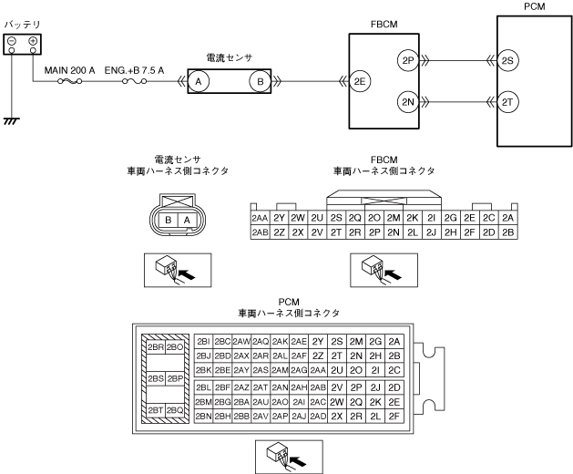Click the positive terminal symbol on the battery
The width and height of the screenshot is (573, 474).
coord(33,41)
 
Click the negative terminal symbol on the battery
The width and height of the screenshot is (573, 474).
coord(12,41)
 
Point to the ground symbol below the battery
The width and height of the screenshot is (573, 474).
coord(12,119)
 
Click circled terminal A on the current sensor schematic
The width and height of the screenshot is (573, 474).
coord(199,81)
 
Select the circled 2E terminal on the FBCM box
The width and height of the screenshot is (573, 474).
coord(362,80)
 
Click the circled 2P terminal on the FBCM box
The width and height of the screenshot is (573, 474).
coord(407,61)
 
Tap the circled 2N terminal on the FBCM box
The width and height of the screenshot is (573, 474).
coord(407,102)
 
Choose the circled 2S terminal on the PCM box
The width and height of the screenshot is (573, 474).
coord(508,61)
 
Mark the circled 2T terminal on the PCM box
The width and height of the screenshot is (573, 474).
coord(508,102)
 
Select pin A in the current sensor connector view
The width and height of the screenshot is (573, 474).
coord(187,220)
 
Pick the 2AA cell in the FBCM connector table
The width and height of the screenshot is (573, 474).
coord(259,219)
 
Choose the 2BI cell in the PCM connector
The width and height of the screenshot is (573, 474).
coord(203,341)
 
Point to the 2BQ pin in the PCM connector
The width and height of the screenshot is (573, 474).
coord(176,410)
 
